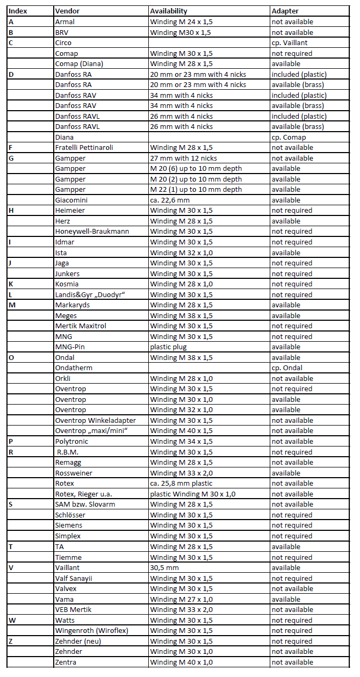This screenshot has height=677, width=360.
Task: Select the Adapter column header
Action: coord(285,11)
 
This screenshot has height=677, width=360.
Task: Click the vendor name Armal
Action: coord(65,22)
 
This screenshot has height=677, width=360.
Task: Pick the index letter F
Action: coord(11,148)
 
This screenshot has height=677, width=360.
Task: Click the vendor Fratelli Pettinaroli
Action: coord(84,148)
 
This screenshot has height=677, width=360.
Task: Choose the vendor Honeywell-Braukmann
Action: coord(92,232)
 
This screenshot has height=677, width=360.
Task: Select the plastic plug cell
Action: coord(168,347)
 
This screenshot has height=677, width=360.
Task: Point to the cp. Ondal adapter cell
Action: coord(287,368)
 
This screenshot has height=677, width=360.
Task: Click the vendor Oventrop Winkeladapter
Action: coord(95,420)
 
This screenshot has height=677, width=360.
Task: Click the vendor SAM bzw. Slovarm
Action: coord(85,505)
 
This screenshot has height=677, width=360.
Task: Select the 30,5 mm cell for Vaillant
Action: coord(164,567)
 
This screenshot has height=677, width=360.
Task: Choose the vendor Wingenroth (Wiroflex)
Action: coord(91,630)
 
